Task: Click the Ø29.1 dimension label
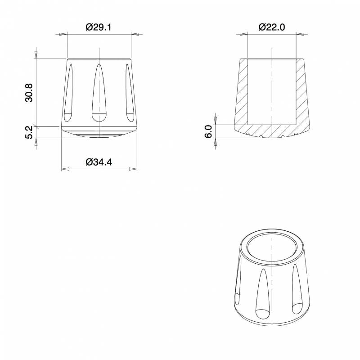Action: click(x=99, y=27)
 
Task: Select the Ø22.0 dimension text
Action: click(x=272, y=27)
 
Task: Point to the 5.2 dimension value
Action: click(x=28, y=132)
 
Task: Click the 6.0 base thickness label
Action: click(x=208, y=132)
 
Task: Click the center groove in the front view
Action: click(x=99, y=92)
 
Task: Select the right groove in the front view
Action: click(x=129, y=92)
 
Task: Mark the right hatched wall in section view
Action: click(x=301, y=94)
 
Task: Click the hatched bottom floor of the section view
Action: click(x=272, y=130)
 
